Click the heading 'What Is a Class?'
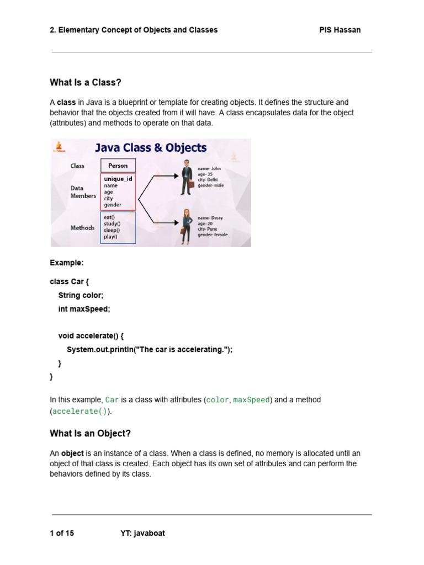tap(85, 83)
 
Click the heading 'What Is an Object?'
tap(90, 434)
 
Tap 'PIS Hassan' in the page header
tap(340, 30)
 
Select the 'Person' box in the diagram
tap(118, 166)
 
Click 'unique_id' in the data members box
tap(118, 179)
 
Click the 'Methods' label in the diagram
tap(82, 228)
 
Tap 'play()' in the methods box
tap(110, 237)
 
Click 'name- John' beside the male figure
tap(209, 169)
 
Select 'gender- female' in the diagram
tap(213, 234)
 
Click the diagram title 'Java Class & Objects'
tap(151, 148)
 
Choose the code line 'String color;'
tap(81, 295)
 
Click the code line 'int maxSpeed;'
tap(84, 309)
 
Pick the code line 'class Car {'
tap(69, 281)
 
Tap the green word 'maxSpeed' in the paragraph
tap(251, 399)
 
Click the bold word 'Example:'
tap(67, 263)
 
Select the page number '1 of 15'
tap(62, 533)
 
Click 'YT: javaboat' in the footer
tap(142, 533)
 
